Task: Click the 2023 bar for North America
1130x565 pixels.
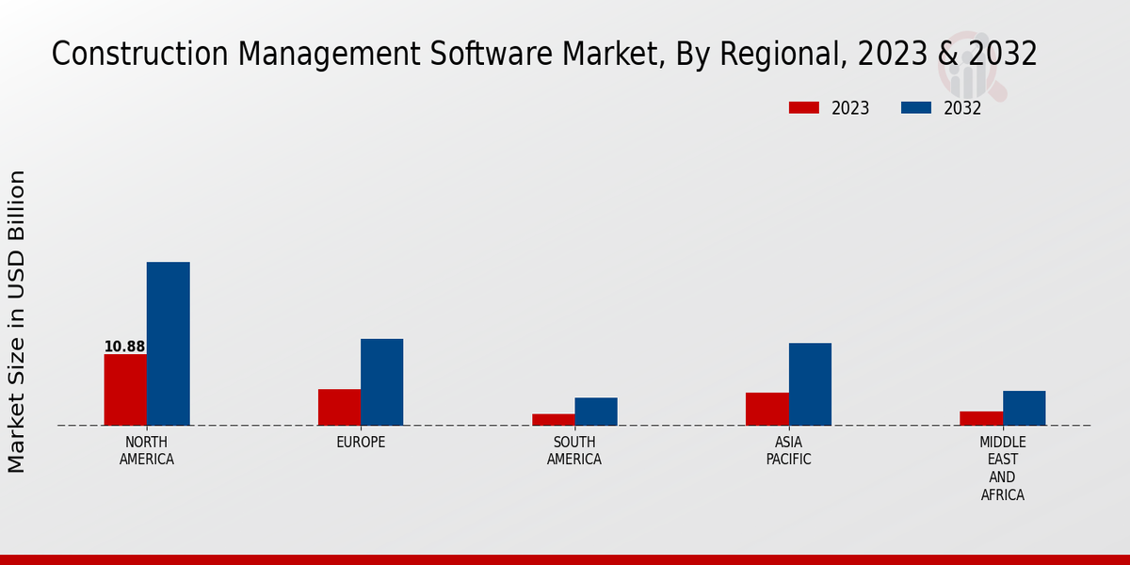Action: point(125,390)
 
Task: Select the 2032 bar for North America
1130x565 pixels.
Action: point(168,344)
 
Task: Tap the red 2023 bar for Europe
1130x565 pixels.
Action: point(339,407)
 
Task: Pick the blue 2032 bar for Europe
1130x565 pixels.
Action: point(381,382)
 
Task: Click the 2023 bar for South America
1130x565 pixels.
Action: point(553,419)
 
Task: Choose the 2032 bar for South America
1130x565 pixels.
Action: point(596,412)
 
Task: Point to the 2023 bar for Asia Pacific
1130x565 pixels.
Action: point(767,409)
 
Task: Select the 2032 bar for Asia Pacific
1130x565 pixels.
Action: point(810,384)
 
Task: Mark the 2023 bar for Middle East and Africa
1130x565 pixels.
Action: point(981,418)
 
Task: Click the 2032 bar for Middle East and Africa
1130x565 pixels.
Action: point(1024,408)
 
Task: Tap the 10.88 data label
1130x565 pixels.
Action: point(124,347)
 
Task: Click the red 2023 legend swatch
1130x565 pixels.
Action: point(803,108)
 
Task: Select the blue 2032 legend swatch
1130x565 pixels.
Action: point(915,108)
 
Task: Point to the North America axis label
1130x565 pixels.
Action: point(147,451)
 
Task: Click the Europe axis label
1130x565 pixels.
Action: point(361,443)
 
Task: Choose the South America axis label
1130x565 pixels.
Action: point(574,451)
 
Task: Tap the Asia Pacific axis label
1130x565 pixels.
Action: point(788,451)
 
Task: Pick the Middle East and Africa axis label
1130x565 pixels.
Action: point(1003,468)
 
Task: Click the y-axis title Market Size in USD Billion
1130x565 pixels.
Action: point(17,321)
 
